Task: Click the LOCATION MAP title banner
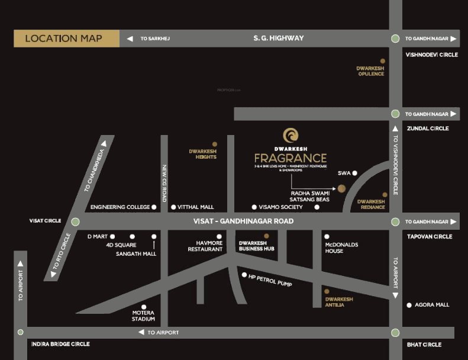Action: point(66,38)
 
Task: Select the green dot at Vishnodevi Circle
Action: point(395,38)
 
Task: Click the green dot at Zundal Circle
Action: point(395,114)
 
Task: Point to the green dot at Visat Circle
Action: point(75,221)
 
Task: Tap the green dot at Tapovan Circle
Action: point(395,221)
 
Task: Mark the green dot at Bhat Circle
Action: point(395,333)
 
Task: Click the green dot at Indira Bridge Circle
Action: point(21,333)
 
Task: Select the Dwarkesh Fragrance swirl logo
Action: point(291,135)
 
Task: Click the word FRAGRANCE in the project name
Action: point(291,158)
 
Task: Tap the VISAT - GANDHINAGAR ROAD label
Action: point(243,221)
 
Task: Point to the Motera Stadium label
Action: point(143,316)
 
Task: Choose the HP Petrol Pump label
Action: point(270,279)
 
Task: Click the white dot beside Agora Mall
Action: point(409,305)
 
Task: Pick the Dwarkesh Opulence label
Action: point(371,71)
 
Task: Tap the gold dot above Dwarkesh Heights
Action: point(214,144)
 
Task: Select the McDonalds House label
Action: point(341,247)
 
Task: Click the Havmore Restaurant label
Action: point(205,246)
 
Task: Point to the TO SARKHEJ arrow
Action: point(130,38)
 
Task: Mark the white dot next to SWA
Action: point(355,173)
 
